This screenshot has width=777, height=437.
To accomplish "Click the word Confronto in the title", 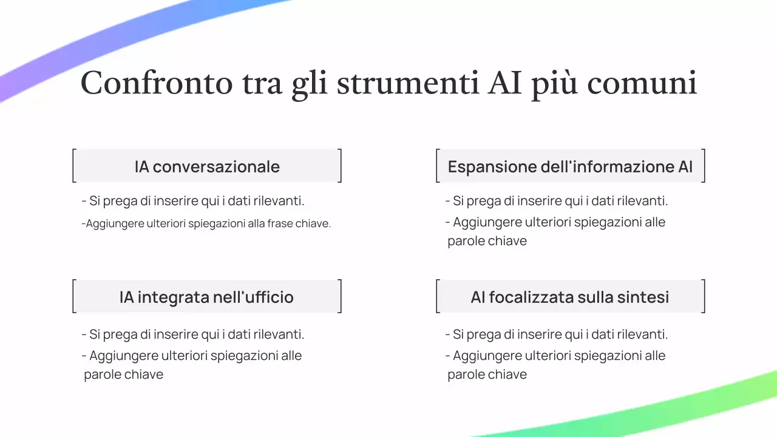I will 157,83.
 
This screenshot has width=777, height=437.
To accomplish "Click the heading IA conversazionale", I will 207,166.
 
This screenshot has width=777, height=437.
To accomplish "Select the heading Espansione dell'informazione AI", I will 570,166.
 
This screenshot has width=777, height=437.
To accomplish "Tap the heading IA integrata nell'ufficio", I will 206,297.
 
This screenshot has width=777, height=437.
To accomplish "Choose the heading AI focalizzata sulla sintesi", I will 570,297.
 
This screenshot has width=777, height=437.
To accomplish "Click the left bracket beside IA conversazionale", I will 73,166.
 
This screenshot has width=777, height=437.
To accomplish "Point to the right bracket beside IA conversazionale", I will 340,166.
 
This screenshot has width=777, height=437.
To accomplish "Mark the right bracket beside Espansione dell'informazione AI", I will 704,166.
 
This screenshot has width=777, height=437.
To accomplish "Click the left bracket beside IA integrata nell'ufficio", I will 73,296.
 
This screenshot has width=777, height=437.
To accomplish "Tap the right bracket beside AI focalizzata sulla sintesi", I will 704,296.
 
